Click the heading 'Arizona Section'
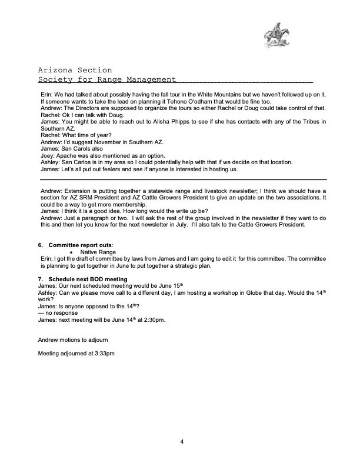(74, 71)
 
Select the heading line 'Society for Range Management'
(106, 79)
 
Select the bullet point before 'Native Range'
(71, 252)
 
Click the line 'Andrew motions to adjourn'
(74, 340)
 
